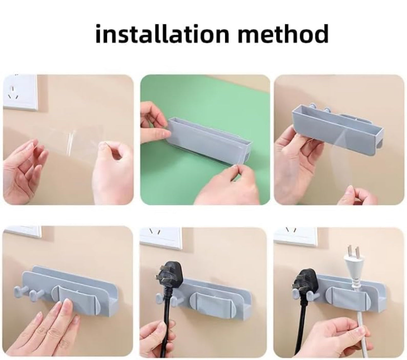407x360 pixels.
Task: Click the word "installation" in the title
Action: click(162, 34)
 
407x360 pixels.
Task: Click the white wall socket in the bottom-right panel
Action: click(295, 236)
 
